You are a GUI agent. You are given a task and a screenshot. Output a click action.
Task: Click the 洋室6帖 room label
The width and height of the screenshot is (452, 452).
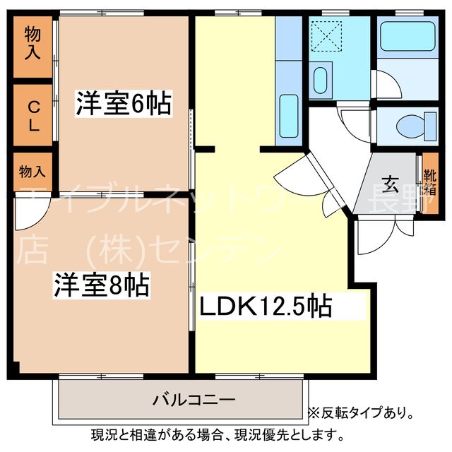(x=124, y=105)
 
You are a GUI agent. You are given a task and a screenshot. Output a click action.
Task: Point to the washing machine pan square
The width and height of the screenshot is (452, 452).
(x=326, y=35)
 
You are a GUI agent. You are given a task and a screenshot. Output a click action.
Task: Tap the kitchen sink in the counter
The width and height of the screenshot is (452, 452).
(x=288, y=110)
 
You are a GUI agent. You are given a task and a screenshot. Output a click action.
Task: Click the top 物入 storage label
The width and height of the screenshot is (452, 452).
(x=32, y=43)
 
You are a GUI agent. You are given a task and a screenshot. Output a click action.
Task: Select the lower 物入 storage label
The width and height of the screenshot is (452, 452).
(x=32, y=172)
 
